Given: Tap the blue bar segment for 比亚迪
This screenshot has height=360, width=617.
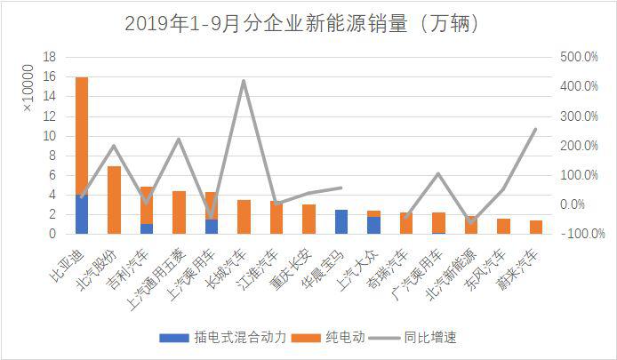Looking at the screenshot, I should point(82,213).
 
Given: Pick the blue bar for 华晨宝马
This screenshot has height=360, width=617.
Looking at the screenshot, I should point(341,221).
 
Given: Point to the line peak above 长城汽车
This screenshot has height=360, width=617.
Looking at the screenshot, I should point(244,81).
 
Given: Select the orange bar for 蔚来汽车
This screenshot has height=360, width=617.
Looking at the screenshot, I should point(535,227).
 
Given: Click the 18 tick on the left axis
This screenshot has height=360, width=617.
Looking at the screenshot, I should point(51,57).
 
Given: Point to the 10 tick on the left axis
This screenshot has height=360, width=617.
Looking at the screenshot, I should point(51,136).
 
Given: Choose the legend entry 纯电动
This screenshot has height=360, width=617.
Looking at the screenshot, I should point(337,338).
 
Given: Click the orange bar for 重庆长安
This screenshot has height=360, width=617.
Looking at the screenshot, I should point(308,219).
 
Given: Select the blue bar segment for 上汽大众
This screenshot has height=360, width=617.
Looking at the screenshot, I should point(373,225).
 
